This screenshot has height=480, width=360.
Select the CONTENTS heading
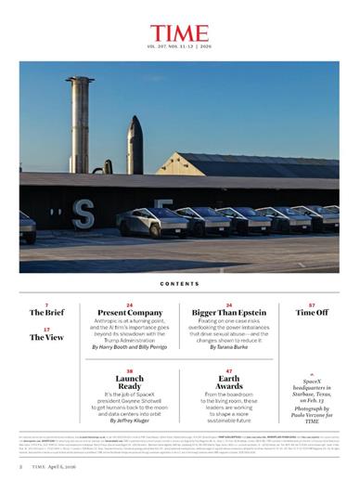[x=179, y=284]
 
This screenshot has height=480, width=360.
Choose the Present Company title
[x=130, y=313]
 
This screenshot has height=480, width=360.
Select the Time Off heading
[x=312, y=313]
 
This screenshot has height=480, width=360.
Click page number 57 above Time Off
[x=312, y=305]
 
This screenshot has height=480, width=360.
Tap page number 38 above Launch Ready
[x=130, y=370]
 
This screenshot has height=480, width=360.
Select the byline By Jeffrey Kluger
[x=130, y=422]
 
